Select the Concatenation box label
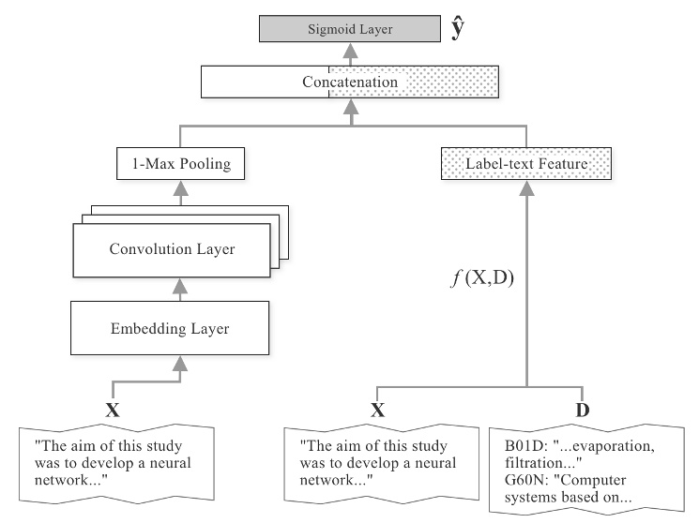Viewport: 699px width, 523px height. point(349,82)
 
